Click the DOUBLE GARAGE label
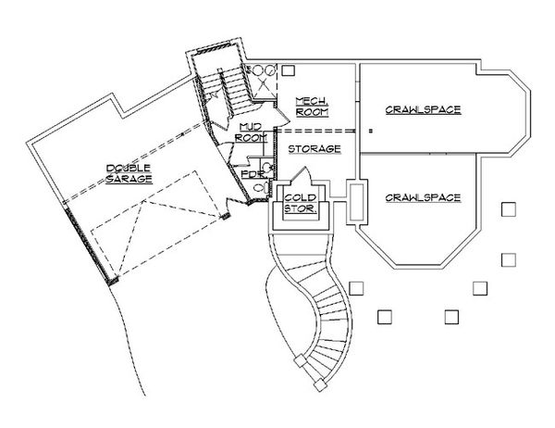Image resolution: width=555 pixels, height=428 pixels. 129,174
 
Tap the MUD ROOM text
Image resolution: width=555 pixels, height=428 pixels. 251,132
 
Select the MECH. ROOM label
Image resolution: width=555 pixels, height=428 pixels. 312,107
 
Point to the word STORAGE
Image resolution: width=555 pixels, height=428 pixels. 314,149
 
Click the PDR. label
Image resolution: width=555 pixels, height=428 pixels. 253,174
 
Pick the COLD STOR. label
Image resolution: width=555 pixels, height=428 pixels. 300,203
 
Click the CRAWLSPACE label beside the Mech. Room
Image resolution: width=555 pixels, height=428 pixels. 423,110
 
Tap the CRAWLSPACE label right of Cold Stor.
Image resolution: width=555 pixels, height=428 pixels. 423,197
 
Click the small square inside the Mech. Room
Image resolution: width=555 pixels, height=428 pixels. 289,70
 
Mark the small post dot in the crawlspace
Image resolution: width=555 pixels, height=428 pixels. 371,131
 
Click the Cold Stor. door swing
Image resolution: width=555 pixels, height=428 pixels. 302,175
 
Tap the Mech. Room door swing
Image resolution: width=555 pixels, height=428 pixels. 282,116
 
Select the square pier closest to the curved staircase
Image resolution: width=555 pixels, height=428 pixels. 356,288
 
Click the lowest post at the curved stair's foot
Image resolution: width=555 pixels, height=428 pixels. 320,385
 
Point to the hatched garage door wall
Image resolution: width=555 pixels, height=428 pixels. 90,245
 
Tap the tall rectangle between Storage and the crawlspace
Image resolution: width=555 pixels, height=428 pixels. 357,202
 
